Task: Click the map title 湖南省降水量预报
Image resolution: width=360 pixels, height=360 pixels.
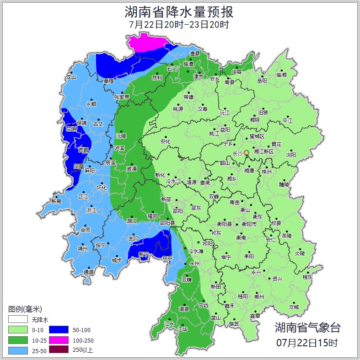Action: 179,11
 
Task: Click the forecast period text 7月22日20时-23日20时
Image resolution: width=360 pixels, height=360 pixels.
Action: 179,25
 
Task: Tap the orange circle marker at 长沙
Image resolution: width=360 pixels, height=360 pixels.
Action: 247,152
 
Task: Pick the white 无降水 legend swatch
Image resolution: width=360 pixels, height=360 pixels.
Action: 18,319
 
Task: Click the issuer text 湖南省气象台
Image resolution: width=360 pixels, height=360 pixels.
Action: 307,327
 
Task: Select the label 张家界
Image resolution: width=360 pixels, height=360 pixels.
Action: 122,97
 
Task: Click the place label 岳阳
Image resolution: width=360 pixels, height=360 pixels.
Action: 262,81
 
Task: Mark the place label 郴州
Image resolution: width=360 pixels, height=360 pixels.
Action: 259,296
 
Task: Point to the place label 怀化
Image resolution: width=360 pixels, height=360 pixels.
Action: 101,188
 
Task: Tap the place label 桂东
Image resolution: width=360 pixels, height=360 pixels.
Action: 307,277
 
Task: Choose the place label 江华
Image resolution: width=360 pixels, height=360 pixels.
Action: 183,329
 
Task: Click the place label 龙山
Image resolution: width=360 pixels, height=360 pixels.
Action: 71,77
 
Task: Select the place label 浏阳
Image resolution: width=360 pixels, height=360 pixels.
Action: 291,155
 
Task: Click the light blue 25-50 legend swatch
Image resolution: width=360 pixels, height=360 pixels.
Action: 18,350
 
